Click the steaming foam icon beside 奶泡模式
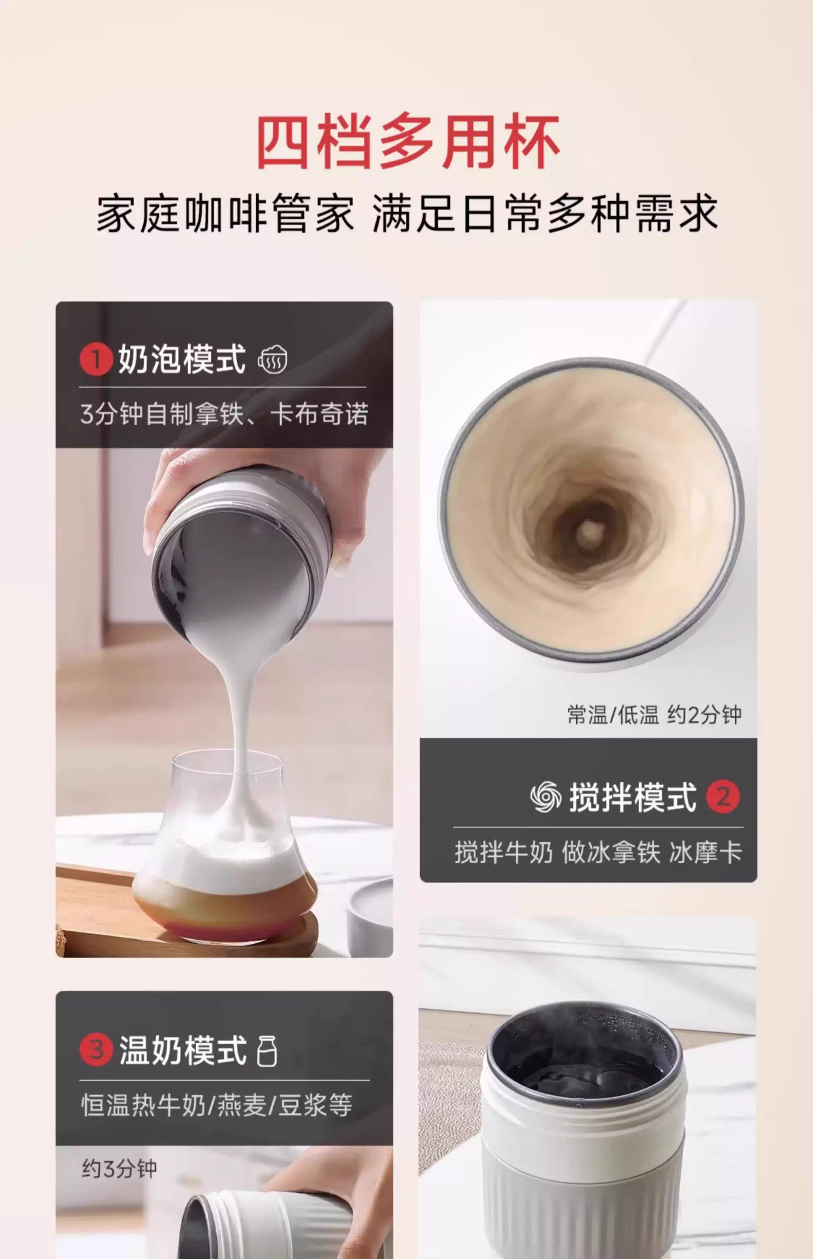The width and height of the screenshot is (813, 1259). pos(272,360)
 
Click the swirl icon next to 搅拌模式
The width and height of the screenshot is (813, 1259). pos(546,797)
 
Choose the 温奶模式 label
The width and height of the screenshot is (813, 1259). pos(183,1050)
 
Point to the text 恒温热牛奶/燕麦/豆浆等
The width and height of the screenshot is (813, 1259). pos(216,1105)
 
